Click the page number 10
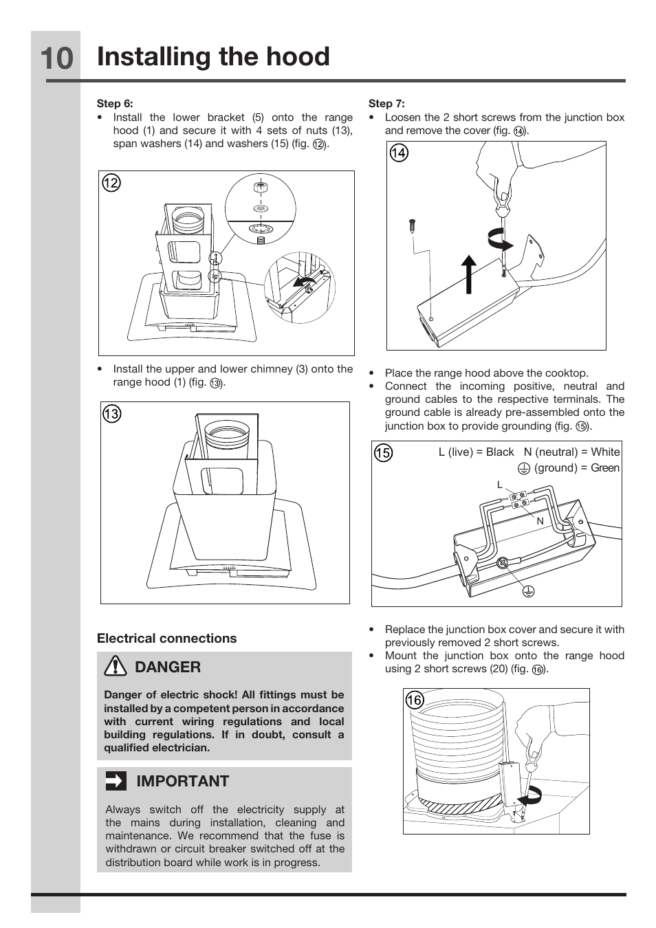(57, 58)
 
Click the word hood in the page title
(298, 56)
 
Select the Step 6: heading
(115, 103)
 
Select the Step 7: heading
(386, 103)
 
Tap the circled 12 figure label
(111, 183)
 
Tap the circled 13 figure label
(111, 414)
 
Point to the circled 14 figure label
(399, 153)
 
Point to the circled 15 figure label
(383, 453)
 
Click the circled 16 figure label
(415, 700)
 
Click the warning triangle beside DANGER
(116, 667)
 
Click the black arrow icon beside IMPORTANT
(116, 781)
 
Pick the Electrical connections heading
(166, 639)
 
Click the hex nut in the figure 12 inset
(260, 187)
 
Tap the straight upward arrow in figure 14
(469, 274)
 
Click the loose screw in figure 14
(413, 227)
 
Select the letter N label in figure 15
(540, 522)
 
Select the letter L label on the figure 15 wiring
(500, 485)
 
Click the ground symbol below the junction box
(528, 591)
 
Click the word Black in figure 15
(500, 452)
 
